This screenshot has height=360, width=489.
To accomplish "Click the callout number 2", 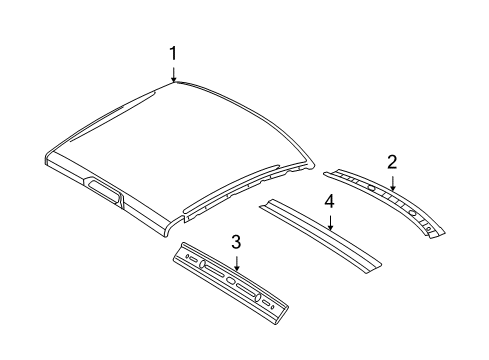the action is click(393, 160).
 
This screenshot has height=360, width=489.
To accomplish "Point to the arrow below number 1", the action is click(173, 72).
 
